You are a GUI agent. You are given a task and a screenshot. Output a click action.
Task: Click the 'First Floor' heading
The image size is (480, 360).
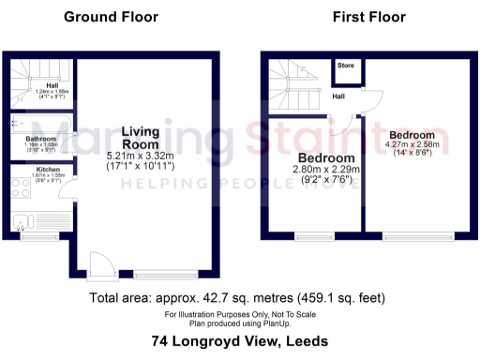[x=369, y=17]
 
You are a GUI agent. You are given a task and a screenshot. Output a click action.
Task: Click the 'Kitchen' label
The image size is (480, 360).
[x=22, y=170]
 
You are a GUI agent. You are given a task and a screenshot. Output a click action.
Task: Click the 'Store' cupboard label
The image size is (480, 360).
[x=346, y=67]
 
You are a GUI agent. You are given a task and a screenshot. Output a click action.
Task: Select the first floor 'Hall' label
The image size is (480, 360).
[x=338, y=96]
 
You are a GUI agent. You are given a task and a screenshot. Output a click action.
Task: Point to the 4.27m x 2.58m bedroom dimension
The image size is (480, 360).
[x=412, y=146]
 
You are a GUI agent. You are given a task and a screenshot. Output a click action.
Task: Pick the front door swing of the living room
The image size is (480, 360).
[x=103, y=263]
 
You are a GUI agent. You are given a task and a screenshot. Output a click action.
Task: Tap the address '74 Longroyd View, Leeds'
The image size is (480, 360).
[x=239, y=342]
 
